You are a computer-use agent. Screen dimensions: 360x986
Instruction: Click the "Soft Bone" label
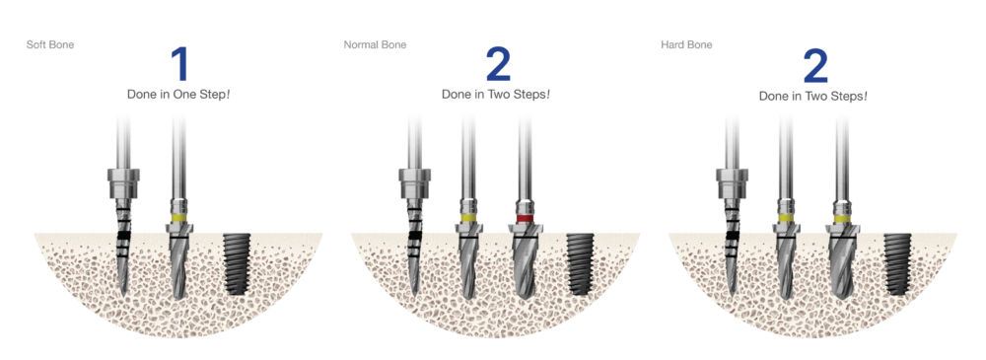pos(50,45)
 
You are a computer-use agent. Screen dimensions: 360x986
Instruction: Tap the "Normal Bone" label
pos(375,45)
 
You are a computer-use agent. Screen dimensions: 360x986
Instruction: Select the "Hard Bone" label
pos(686,45)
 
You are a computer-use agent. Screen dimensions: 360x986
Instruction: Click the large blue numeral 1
pos(179,64)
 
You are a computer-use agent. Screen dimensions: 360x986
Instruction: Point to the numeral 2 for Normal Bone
pos(499,64)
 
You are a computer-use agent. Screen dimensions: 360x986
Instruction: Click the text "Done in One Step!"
pos(178,96)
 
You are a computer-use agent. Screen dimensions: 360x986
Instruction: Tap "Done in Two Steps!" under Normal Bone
pos(496,96)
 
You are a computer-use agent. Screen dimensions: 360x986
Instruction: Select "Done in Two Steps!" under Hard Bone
pos(813,97)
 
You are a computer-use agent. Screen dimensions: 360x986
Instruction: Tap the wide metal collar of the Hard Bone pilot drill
pos(731,181)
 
